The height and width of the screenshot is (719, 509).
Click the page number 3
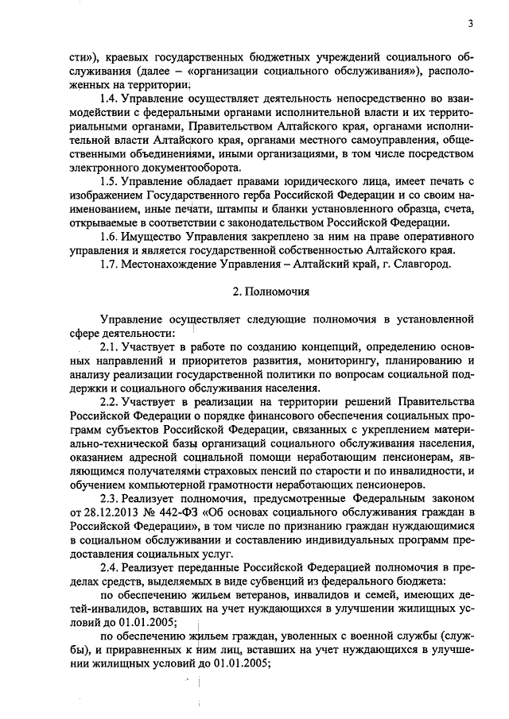pos(470,23)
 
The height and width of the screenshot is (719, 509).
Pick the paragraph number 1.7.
pos(111,264)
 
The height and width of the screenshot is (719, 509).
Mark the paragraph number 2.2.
pos(111,404)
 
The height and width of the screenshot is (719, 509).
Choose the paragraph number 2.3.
pos(111,497)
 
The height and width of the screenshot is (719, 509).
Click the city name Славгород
pos(424,264)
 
